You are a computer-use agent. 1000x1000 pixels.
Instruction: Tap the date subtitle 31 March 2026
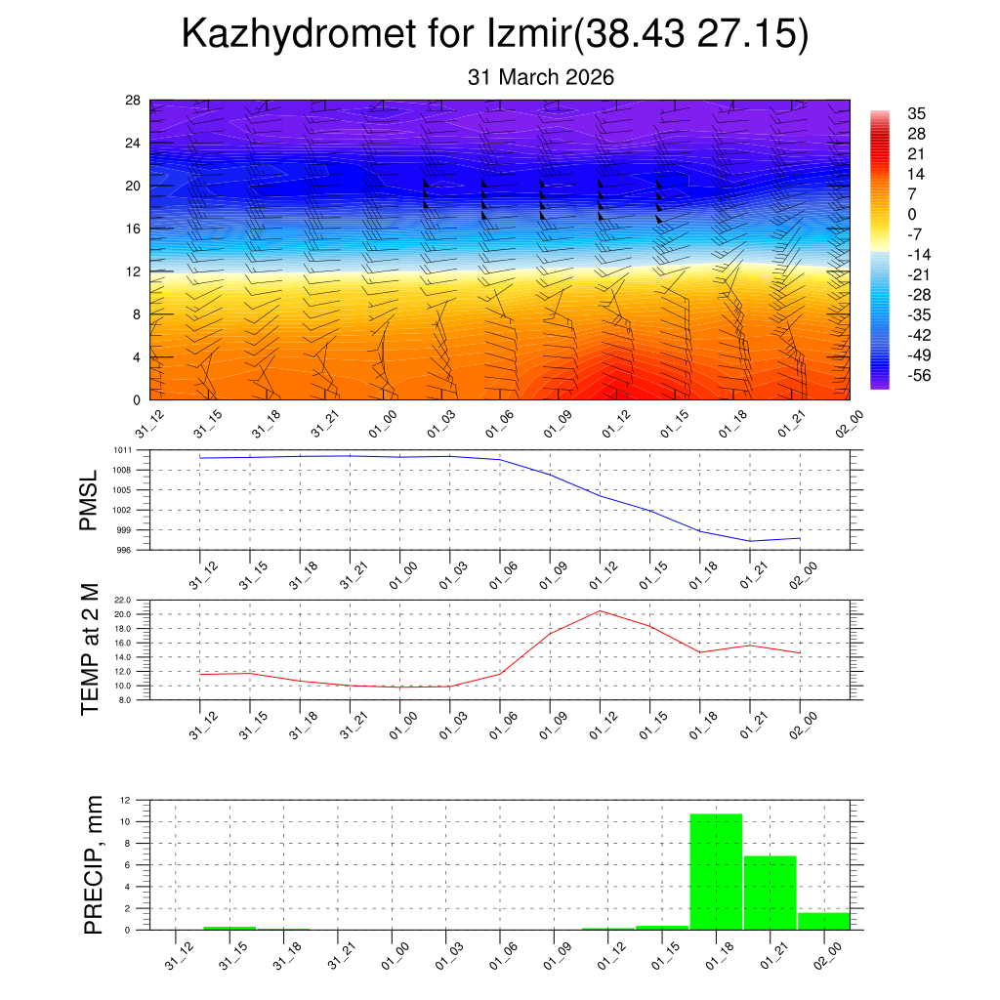541,77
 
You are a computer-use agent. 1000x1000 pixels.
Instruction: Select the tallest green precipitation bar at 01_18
716,871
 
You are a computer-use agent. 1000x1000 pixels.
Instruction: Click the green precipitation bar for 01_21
771,893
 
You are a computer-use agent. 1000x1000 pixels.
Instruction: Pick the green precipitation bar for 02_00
823,921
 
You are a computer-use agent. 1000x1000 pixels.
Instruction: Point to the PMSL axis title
90,500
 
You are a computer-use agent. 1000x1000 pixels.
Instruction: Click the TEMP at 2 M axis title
90,649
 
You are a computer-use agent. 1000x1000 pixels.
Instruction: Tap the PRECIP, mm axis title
94,864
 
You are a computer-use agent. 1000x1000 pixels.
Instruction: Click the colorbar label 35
916,113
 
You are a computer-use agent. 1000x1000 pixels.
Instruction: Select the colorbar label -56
918,375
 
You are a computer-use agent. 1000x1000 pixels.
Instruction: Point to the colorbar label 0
911,215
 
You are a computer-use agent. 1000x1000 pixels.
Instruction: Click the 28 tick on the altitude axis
133,101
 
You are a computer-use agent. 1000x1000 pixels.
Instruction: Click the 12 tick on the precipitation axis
125,800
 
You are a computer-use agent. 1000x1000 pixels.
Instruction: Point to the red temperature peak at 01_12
600,611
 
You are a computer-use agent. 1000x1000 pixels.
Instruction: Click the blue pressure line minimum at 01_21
750,541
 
